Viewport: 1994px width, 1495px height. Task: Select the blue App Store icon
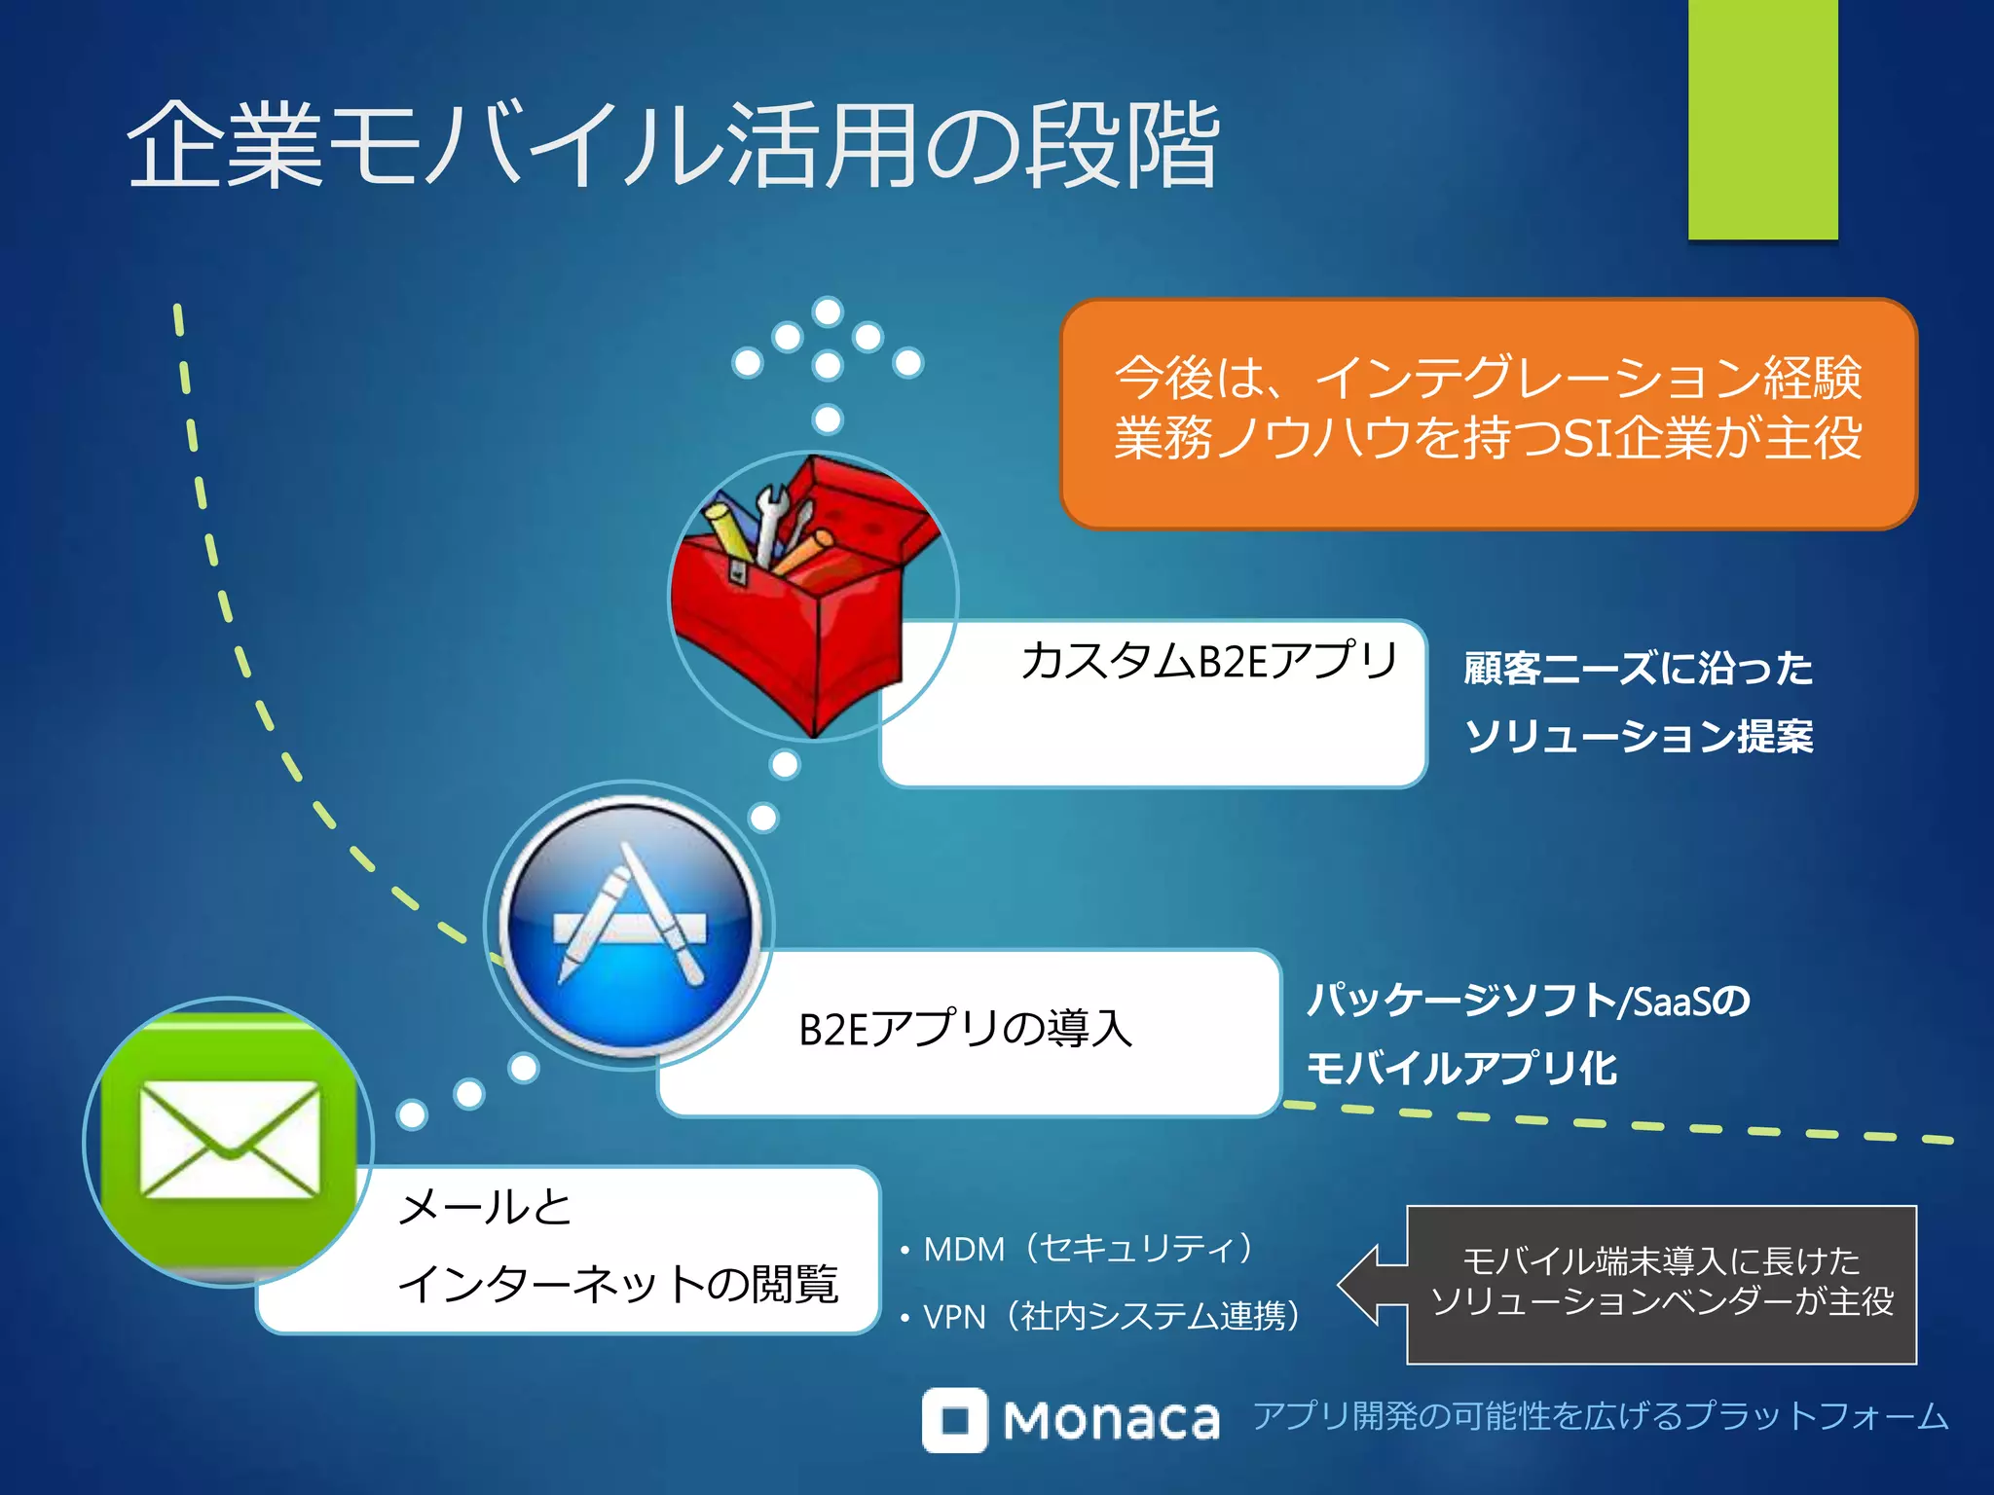point(630,926)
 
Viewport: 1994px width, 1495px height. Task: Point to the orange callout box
point(1488,414)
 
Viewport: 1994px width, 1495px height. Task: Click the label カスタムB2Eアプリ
point(1208,662)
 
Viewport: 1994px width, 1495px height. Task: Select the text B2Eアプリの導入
point(965,1030)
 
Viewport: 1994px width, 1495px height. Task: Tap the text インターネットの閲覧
point(618,1284)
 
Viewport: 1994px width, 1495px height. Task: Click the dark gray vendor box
point(1661,1284)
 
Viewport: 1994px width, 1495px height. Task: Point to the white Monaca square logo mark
point(954,1420)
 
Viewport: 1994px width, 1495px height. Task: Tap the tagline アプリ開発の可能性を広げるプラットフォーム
point(1600,1416)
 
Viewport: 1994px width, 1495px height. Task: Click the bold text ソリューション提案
point(1639,736)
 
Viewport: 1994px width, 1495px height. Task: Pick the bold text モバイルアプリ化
point(1460,1069)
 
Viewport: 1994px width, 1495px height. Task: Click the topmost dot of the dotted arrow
point(828,311)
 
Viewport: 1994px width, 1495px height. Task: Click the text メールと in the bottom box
point(485,1208)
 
